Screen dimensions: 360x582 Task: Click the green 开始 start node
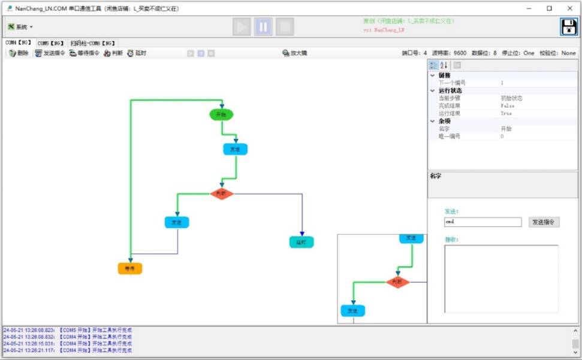(x=221, y=114)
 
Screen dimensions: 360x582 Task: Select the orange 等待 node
(x=130, y=268)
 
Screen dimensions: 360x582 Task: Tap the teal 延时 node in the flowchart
(x=301, y=242)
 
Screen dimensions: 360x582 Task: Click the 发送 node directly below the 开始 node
(x=236, y=149)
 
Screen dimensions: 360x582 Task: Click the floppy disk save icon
(x=569, y=27)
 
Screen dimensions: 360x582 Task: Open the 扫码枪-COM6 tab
(x=93, y=43)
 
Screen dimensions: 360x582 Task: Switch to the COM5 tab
(x=50, y=43)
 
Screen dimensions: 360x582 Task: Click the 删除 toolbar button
(x=19, y=53)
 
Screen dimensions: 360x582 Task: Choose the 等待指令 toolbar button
(x=84, y=53)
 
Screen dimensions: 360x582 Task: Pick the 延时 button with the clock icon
(x=137, y=53)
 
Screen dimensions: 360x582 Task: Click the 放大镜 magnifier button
(x=295, y=53)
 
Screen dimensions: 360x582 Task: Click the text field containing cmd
(x=483, y=222)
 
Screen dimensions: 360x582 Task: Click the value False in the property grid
(x=507, y=106)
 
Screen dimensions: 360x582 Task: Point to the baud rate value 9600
(x=460, y=53)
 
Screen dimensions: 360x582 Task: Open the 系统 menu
(x=20, y=27)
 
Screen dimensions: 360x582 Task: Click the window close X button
(x=569, y=8)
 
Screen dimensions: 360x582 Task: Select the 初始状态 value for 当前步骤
(x=511, y=98)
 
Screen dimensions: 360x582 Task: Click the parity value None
(x=568, y=53)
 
